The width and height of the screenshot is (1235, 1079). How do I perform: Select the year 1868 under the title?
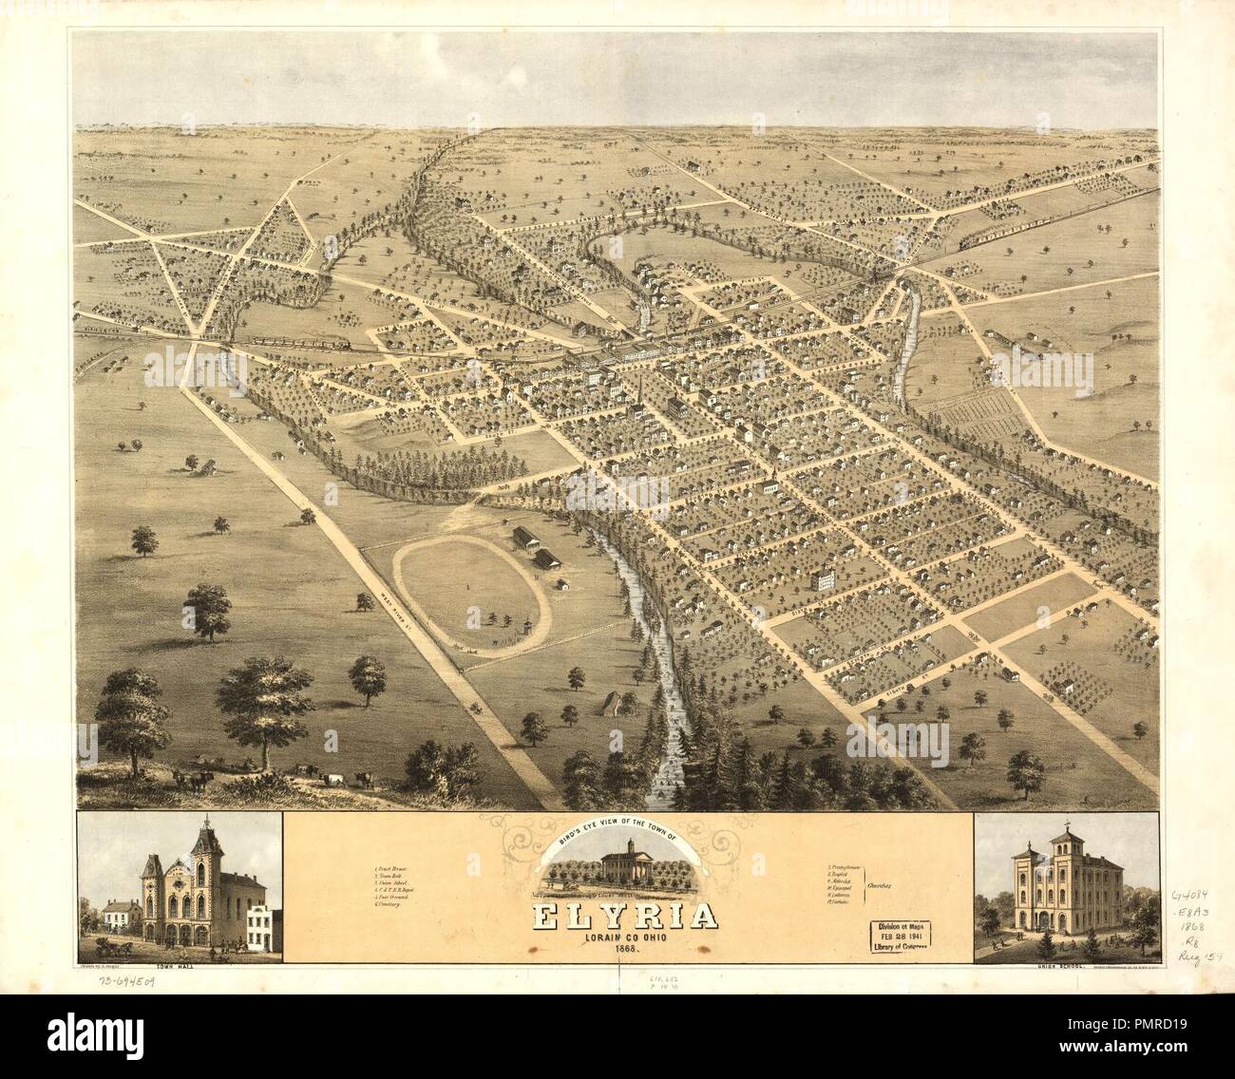[618, 952]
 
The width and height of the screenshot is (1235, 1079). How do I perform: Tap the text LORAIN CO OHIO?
[618, 938]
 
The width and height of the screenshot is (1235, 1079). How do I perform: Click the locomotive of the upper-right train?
[966, 241]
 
